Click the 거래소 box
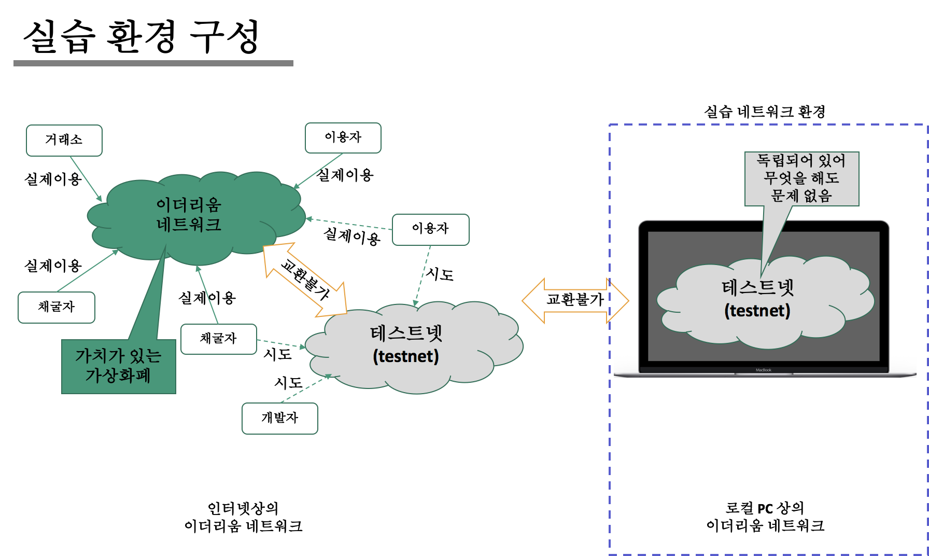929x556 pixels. (64, 140)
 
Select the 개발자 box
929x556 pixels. (280, 418)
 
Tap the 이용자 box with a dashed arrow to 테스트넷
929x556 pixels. (431, 229)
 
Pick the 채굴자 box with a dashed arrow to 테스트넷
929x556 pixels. (219, 339)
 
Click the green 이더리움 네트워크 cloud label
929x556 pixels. (189, 215)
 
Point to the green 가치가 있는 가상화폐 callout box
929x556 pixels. (119, 366)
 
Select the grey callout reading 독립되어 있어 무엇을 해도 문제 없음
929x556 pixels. (801, 178)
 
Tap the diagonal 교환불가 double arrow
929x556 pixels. (305, 280)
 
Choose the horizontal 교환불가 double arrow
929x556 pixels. (575, 300)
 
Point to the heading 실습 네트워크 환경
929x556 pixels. (765, 112)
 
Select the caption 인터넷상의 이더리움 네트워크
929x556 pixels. (243, 517)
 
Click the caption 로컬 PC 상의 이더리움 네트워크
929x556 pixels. (765, 517)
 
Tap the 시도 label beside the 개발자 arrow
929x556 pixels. (288, 383)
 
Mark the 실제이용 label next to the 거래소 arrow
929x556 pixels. (53, 179)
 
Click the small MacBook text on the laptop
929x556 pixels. (763, 370)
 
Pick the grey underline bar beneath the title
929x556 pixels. (153, 63)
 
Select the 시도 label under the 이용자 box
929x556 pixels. (440, 274)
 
